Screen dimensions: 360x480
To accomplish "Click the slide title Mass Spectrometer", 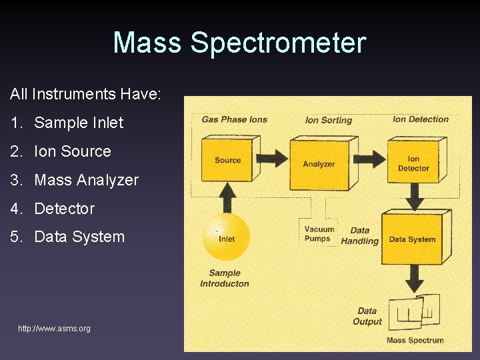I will click(239, 43).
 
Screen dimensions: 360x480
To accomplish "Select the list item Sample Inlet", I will click(79, 123).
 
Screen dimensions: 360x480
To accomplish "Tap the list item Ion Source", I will click(72, 151).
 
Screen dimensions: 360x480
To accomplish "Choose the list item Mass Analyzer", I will click(86, 180).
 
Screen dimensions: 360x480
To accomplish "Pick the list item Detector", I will click(64, 209).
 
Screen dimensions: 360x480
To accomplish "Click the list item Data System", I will click(79, 237).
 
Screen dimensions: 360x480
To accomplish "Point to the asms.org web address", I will click(54, 329).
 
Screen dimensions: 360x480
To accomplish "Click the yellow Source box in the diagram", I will click(227, 160).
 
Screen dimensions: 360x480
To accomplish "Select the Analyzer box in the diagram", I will click(319, 164).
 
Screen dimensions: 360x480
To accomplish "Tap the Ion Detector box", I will click(413, 163).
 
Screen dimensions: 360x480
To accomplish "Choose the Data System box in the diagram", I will click(412, 239).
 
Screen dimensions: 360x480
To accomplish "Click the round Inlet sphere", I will click(226, 238).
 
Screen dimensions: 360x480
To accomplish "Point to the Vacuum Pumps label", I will click(319, 234).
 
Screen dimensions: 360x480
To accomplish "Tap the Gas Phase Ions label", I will click(234, 120).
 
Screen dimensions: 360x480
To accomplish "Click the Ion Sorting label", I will click(328, 120).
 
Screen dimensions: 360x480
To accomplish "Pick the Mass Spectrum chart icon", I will click(416, 313).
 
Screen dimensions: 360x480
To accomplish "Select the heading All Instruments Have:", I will click(85, 94).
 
